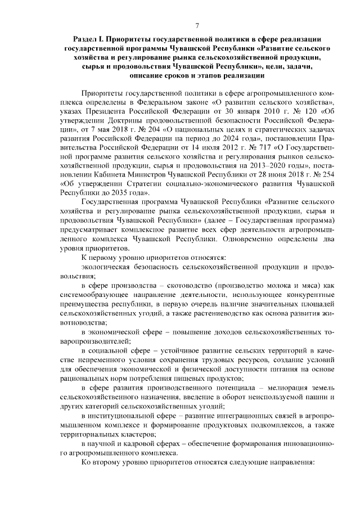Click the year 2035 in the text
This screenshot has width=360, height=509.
[125, 192]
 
